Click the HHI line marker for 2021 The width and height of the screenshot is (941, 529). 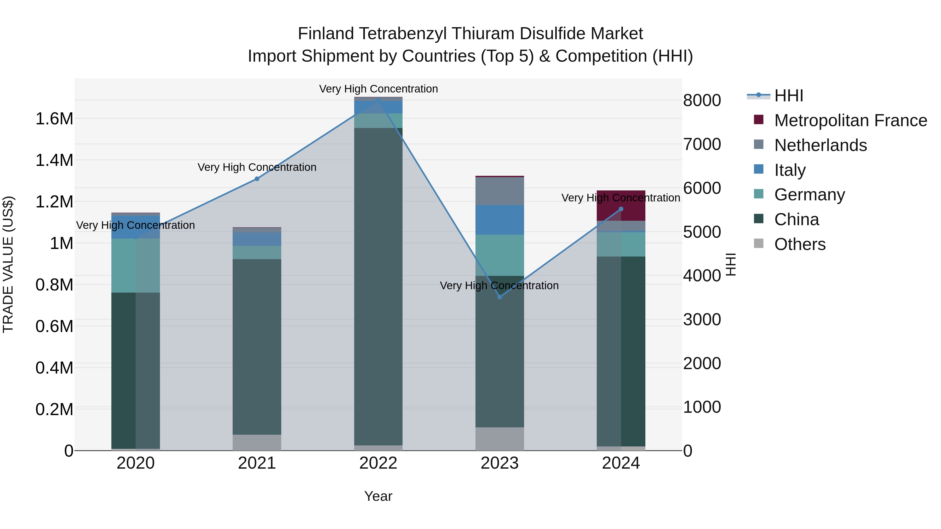(257, 179)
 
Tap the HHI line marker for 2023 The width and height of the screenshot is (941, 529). (500, 297)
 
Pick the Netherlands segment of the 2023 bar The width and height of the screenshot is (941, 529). (500, 191)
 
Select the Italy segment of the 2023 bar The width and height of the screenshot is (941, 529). (500, 220)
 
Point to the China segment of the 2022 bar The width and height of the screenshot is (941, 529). (378, 287)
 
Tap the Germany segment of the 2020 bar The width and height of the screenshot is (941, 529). (135, 265)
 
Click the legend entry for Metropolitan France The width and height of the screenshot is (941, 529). (850, 120)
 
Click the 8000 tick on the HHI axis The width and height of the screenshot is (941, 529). (702, 100)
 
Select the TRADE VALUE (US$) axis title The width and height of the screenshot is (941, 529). (8, 264)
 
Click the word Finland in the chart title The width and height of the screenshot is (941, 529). (326, 34)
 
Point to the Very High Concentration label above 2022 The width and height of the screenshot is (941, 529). (378, 89)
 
